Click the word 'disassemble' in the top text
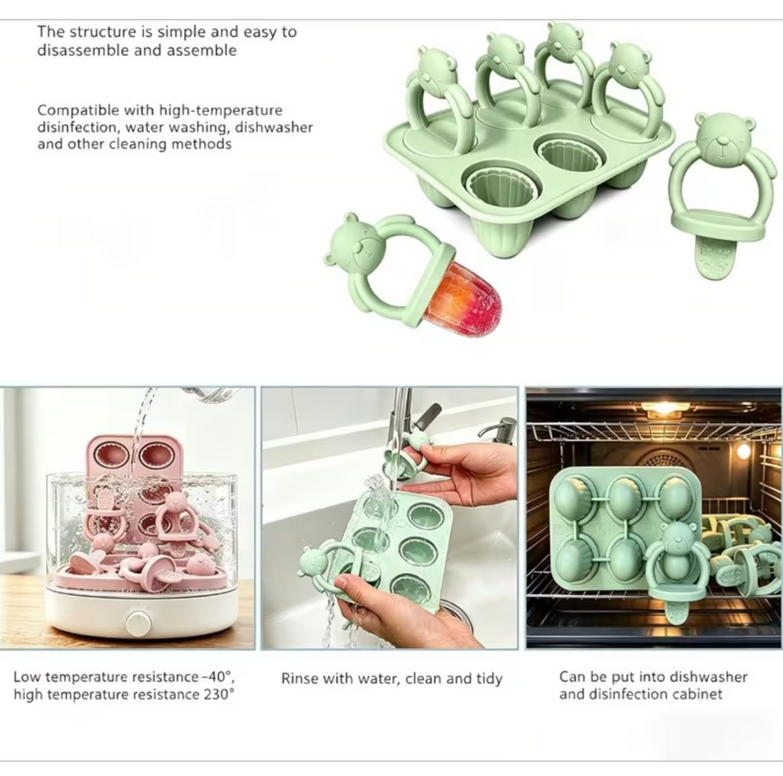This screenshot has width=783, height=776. [x=82, y=50]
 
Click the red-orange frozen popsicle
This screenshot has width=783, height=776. [x=463, y=299]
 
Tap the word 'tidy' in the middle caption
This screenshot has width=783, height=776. [x=489, y=679]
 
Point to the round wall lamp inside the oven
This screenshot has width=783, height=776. [x=744, y=451]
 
